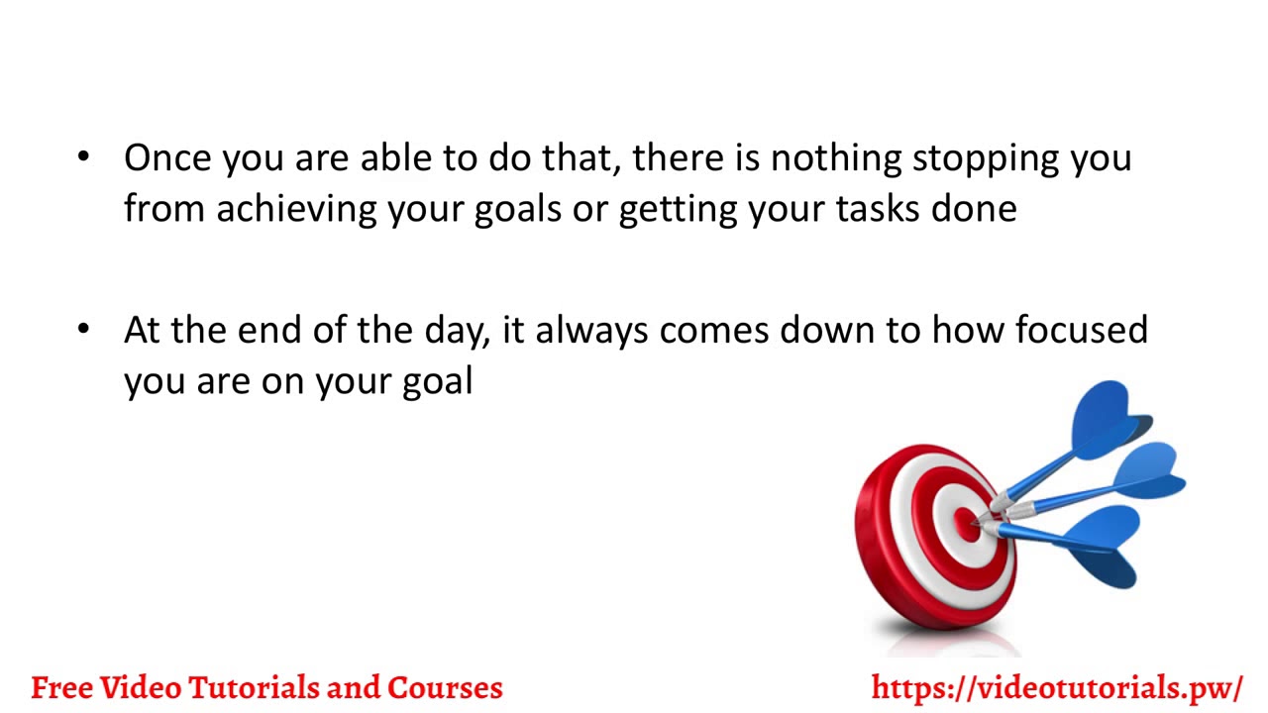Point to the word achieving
[296, 210]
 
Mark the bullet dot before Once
[83, 157]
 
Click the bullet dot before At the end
[83, 329]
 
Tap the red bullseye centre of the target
[967, 524]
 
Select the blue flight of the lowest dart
[1105, 545]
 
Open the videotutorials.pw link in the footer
[1056, 687]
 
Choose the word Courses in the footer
[445, 687]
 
